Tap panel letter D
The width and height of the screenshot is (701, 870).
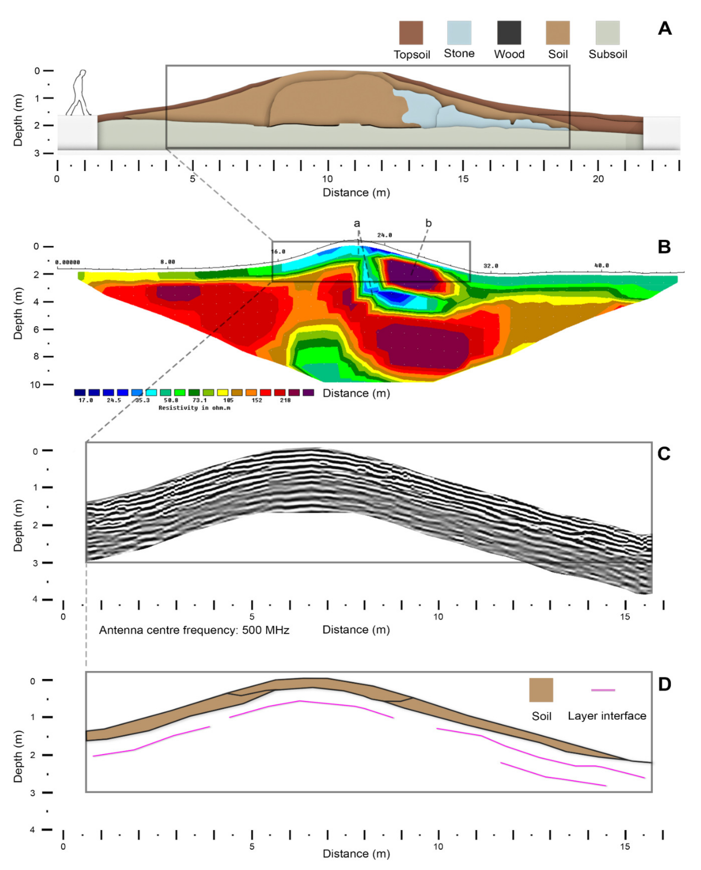(x=664, y=684)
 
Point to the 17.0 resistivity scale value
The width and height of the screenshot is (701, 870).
(x=86, y=400)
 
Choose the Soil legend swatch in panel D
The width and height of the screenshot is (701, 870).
(x=541, y=690)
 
